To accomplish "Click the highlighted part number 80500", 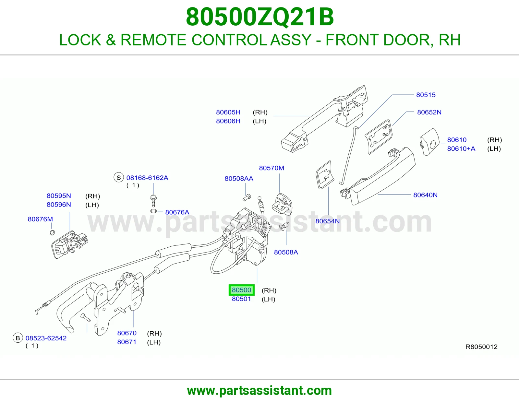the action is tap(241, 290).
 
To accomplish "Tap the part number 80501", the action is tap(241, 299).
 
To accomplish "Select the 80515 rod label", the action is tap(426, 95).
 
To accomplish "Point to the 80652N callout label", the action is tap(429, 112).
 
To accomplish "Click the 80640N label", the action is tap(425, 195).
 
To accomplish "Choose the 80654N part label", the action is tap(327, 221).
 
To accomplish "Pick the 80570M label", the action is tap(272, 168).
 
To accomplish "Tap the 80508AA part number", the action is tap(239, 179).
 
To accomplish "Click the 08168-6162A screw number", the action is tap(147, 178).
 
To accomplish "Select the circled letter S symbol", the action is tap(119, 178).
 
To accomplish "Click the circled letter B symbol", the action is tap(18, 338).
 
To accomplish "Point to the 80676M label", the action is tap(40, 219).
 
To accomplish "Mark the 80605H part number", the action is tap(228, 112).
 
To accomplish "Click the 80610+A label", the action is tap(461, 149).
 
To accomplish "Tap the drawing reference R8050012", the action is tap(481, 347).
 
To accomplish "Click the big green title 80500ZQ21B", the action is tap(259, 17).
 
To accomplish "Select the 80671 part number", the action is tap(127, 342).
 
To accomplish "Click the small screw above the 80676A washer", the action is tap(153, 201).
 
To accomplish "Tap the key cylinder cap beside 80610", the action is tap(429, 142).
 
